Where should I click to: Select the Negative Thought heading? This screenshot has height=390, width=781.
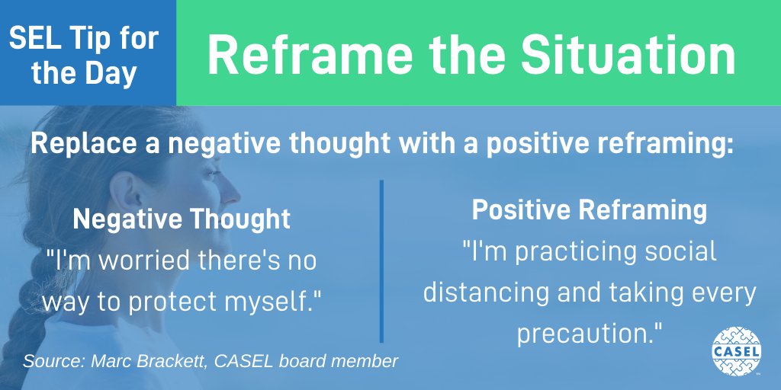[x=182, y=219]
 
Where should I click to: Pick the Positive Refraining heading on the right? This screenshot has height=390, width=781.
[x=589, y=211]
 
